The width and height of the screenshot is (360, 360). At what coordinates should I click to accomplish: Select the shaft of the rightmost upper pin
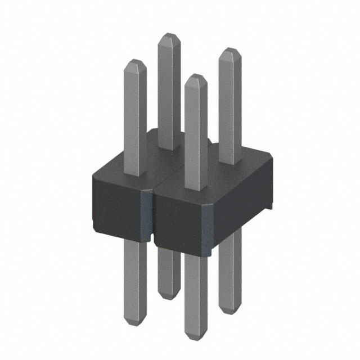click(229, 107)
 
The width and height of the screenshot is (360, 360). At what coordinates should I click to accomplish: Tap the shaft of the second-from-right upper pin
click(195, 135)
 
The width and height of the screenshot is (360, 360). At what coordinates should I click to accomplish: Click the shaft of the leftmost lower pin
click(134, 281)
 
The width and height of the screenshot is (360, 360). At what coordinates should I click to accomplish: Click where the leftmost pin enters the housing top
click(135, 172)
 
